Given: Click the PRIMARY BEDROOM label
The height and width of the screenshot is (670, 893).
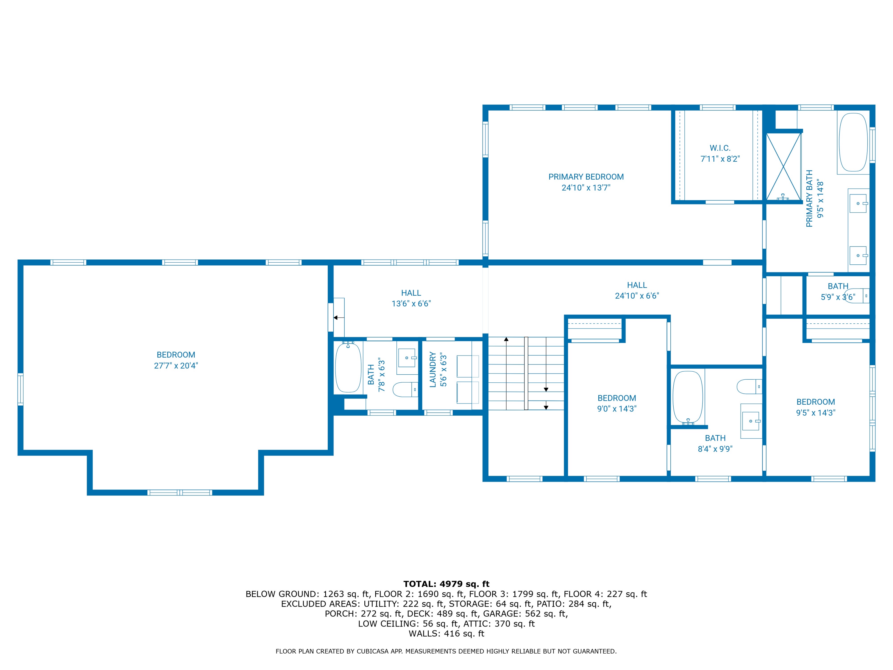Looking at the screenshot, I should (586, 177).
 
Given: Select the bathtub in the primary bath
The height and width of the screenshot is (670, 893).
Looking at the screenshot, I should (853, 142).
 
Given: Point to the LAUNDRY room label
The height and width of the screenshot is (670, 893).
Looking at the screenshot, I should (433, 370).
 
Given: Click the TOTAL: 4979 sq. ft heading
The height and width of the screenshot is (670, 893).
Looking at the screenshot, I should (446, 584).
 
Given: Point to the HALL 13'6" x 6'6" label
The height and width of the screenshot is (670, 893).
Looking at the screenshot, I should (411, 298).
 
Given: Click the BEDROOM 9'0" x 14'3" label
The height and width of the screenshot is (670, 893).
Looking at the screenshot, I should (616, 403).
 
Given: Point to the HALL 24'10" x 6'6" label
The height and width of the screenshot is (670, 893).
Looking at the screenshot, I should (637, 290).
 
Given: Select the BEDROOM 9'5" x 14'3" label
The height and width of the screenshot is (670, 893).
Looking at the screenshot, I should (816, 407).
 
